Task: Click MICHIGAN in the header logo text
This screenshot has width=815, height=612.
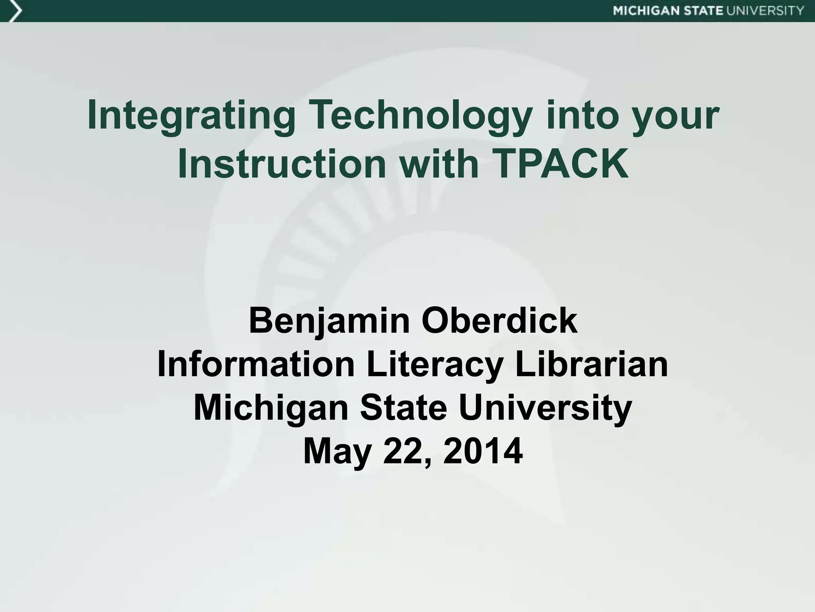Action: (x=647, y=11)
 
